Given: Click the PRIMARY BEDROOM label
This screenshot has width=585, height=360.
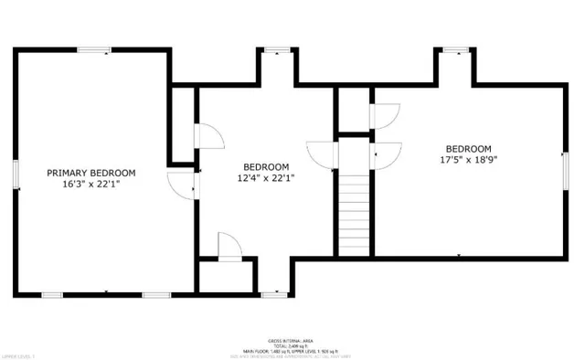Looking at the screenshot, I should (91, 173).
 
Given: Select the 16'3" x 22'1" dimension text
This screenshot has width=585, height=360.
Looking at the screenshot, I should (91, 185).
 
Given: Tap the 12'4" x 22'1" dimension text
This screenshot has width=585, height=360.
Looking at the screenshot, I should (266, 178).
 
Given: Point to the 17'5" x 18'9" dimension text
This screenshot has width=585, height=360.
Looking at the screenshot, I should (468, 161).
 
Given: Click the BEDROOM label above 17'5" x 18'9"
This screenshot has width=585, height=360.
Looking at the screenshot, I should (468, 149).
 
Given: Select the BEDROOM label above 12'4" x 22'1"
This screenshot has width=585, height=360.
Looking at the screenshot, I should (266, 166).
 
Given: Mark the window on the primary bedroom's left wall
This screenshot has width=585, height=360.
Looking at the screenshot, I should (16, 174).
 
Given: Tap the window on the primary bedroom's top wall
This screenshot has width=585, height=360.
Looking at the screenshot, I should (94, 50).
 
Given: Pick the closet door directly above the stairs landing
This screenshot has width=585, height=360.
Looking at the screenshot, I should (384, 116).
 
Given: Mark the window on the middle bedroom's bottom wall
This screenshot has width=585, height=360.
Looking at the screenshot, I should (272, 293).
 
